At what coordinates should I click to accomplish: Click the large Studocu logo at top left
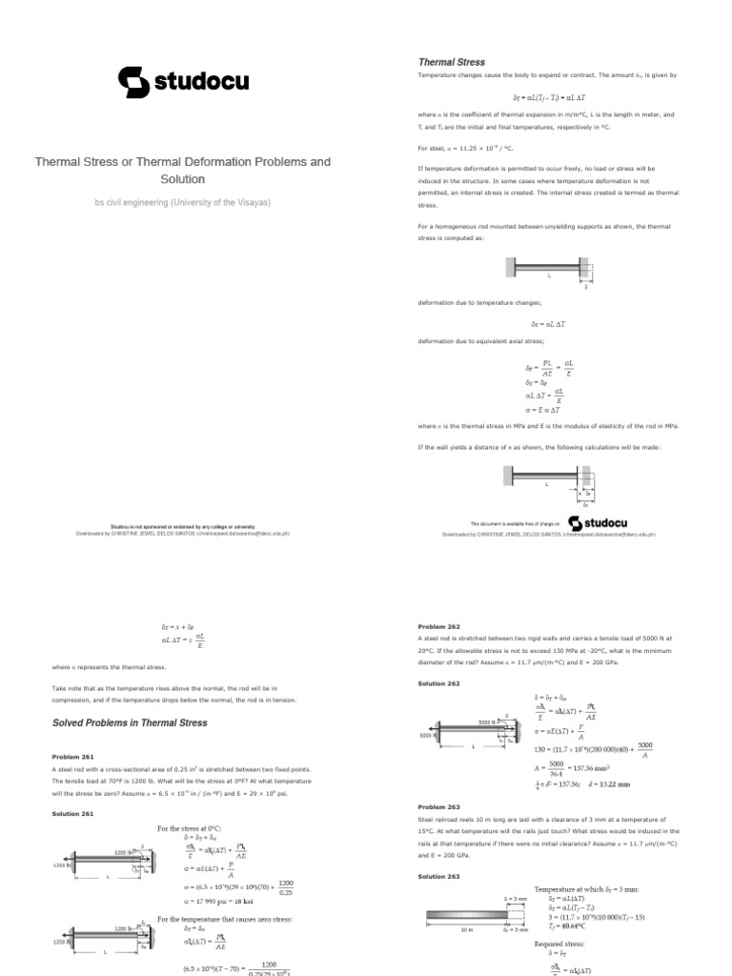(x=182, y=82)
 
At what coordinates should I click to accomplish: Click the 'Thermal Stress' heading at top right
(x=452, y=62)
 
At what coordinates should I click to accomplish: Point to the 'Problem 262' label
(x=438, y=626)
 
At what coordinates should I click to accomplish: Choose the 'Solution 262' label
(x=438, y=683)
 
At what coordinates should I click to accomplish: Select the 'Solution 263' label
(x=438, y=875)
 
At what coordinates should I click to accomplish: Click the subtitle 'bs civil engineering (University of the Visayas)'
(x=182, y=202)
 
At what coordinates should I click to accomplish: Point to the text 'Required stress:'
(x=559, y=944)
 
